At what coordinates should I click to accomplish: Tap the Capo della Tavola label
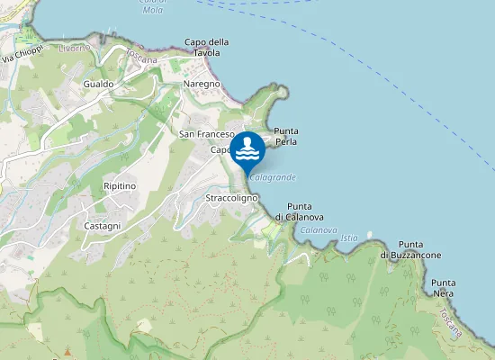point(206,47)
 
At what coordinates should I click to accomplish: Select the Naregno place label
point(202,84)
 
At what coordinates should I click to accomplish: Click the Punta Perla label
point(286,137)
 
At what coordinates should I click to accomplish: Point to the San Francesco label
point(206,134)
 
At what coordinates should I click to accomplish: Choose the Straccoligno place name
point(232,197)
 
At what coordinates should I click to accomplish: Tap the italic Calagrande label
point(274,177)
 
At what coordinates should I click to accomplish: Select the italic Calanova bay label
point(319,230)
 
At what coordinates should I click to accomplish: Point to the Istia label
point(350,238)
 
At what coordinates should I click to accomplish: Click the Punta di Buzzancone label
point(410,250)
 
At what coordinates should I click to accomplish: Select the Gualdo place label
point(97,84)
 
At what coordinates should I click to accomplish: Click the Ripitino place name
point(119,185)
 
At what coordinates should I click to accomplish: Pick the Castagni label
point(102,226)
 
